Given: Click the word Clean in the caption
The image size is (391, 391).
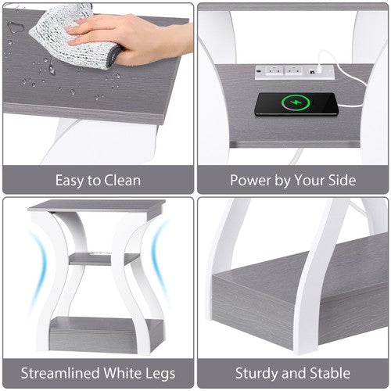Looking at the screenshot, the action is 122,181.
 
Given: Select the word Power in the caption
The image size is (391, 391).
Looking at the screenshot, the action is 250,180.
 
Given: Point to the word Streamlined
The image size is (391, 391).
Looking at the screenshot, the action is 59,373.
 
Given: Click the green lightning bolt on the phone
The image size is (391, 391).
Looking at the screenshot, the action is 296,102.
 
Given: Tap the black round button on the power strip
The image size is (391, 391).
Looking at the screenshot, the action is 260,70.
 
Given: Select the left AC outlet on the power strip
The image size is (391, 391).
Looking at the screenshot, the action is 274,70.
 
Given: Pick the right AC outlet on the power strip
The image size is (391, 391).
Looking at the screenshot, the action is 293,70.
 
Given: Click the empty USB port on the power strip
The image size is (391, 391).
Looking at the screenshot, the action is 311,71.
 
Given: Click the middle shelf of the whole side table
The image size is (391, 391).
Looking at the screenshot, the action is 104,259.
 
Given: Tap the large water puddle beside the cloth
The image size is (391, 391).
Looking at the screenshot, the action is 13,27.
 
